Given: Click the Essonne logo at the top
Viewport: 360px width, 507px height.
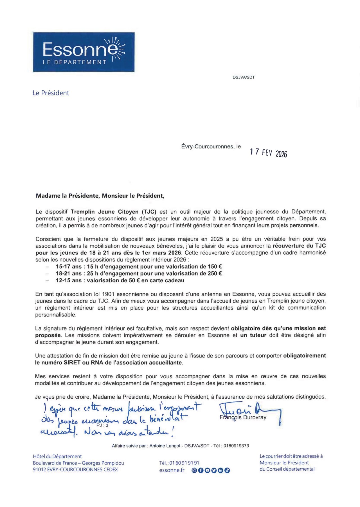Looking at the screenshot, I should [x=84, y=52].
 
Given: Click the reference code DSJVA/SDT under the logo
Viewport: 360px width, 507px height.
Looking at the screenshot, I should [x=244, y=77].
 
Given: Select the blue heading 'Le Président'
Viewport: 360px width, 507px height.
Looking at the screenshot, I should [x=51, y=93].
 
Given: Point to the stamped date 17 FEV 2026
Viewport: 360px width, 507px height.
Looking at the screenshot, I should [x=269, y=153].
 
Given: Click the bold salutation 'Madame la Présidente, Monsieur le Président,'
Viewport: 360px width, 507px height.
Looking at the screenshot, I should [x=100, y=196].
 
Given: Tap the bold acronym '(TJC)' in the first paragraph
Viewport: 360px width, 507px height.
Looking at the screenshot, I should [x=149, y=212].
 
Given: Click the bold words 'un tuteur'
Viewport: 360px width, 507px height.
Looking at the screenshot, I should [x=253, y=335].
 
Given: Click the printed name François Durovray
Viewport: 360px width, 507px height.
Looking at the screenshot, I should [x=243, y=417].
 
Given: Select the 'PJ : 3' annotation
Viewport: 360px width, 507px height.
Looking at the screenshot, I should [x=102, y=425].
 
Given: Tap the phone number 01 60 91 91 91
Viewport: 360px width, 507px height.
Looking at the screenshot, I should [x=184, y=463].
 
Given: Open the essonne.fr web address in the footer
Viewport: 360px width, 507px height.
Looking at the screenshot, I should [x=172, y=470].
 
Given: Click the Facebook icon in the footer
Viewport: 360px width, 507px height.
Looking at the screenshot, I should [x=201, y=470].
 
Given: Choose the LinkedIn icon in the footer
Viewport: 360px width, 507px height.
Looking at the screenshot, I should [x=220, y=470].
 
